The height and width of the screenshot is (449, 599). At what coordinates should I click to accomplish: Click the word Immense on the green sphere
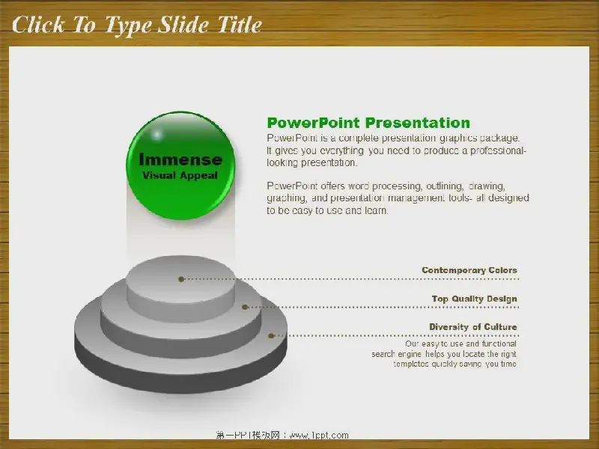click(x=180, y=159)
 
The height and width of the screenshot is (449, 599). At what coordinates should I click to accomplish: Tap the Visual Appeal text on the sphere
click(x=180, y=176)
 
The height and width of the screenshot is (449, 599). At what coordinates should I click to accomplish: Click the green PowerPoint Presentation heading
click(x=368, y=123)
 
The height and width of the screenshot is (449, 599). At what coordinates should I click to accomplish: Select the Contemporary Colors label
click(x=469, y=270)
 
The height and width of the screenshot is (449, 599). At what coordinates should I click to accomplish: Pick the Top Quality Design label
click(x=475, y=299)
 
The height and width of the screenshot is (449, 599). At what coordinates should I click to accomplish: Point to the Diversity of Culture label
click(x=473, y=327)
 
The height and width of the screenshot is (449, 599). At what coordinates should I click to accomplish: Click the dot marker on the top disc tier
click(x=181, y=279)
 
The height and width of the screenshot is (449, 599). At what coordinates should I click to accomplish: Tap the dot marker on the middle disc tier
click(x=246, y=307)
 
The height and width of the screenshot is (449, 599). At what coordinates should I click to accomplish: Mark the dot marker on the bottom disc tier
click(x=271, y=336)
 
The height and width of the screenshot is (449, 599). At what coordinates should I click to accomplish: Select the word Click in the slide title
click(x=39, y=25)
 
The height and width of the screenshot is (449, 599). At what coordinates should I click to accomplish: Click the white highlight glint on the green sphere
click(x=157, y=135)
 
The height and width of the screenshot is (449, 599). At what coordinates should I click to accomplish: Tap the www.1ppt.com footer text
click(x=319, y=436)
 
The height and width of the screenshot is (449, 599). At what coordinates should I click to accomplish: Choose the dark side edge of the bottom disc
click(x=180, y=368)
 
